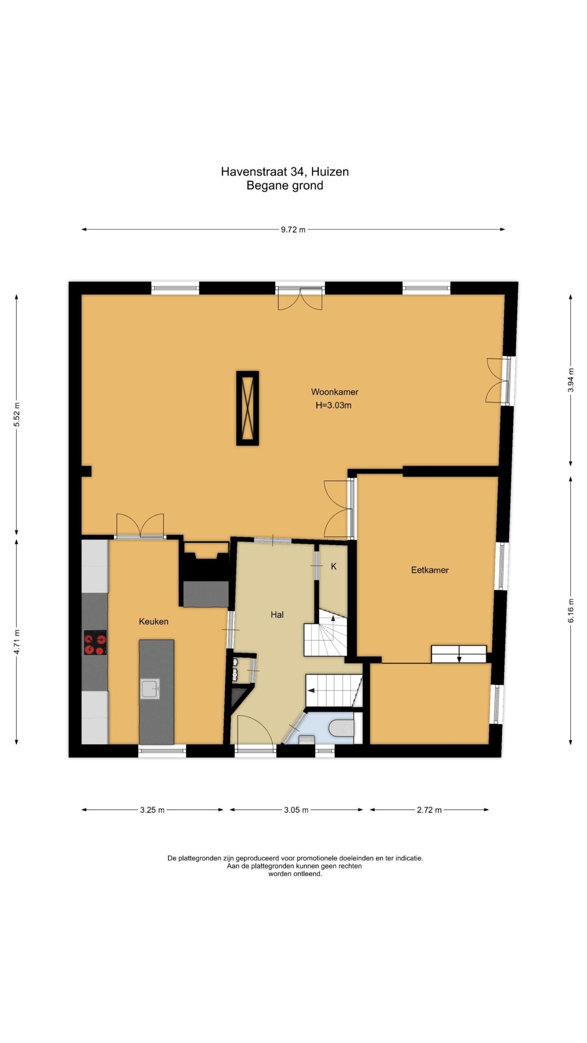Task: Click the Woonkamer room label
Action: point(335,392)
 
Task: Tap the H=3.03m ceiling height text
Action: point(333,405)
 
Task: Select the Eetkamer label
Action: point(430,570)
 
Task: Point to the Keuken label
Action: point(154,621)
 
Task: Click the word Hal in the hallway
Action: point(277,614)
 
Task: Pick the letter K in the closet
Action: point(333,566)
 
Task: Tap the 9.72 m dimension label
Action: point(293,230)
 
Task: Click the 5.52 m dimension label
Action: point(17,415)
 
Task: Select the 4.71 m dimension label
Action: point(17,642)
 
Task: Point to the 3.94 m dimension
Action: point(571,380)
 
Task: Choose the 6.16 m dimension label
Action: point(571,610)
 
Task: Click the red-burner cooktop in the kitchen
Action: point(95,643)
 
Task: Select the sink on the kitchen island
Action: point(150,689)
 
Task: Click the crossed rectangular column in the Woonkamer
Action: point(248,408)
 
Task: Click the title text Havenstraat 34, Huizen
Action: point(285,172)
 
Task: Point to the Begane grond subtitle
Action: point(285,185)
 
